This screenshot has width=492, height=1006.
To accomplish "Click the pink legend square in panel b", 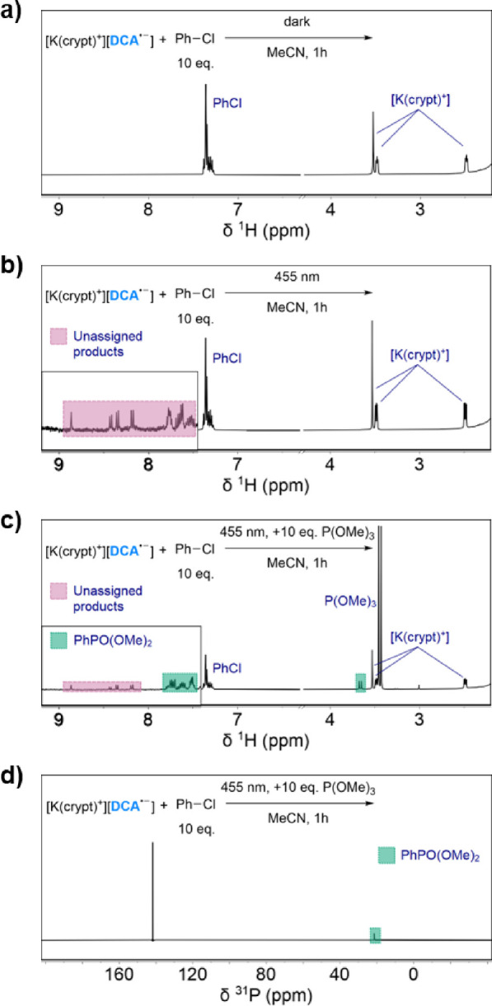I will (58, 336).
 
